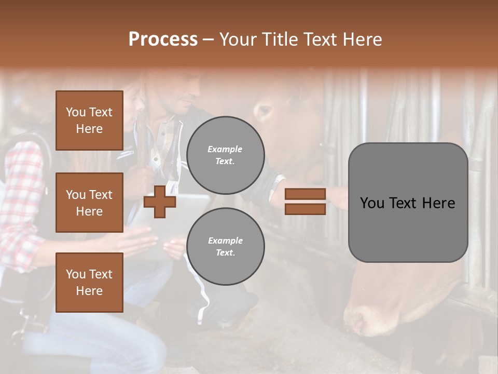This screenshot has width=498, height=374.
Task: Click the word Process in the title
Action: coord(163,39)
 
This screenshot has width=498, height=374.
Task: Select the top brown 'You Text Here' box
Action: coord(89,121)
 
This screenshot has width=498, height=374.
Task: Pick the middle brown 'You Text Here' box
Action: coord(89,203)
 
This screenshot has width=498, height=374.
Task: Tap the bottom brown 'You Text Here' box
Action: coord(89,282)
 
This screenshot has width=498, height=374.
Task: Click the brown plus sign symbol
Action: coord(160,203)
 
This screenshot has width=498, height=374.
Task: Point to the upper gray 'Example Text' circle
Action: coord(225,155)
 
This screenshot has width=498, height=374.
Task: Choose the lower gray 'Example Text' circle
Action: coord(225,246)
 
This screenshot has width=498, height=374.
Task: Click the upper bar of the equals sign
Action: coord(305,194)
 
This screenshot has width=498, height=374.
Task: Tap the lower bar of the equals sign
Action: coord(305,209)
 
